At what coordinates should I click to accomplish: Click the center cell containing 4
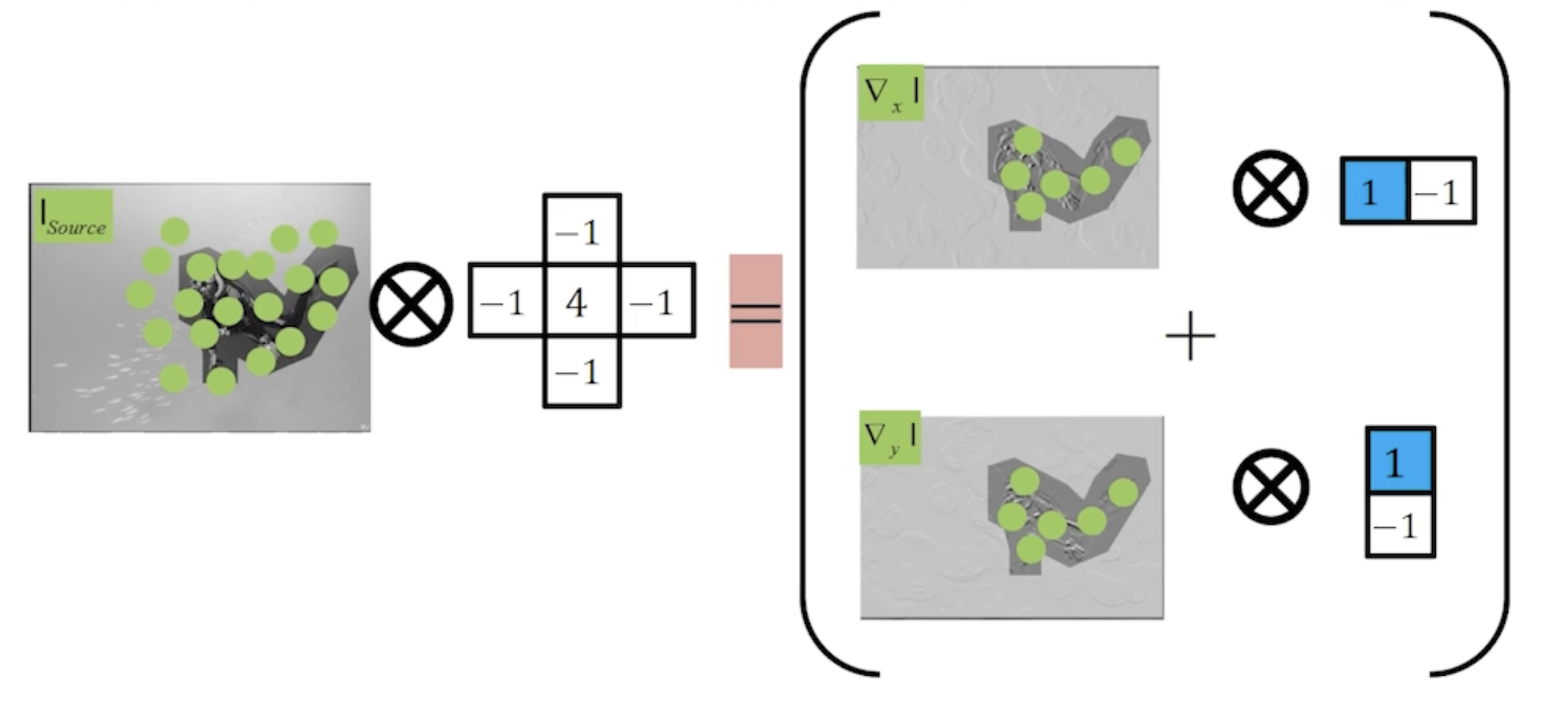(x=582, y=300)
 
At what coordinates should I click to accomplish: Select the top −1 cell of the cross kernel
(x=582, y=230)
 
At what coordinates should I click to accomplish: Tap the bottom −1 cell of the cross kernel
(x=582, y=371)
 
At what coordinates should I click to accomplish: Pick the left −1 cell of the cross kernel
(x=507, y=300)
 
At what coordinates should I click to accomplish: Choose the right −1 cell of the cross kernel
(x=657, y=300)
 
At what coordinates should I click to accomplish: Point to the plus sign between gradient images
(x=1191, y=336)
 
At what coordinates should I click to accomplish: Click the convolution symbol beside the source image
(x=411, y=303)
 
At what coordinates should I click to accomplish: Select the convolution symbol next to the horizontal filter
(x=1270, y=188)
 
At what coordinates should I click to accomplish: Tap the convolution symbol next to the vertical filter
(x=1271, y=486)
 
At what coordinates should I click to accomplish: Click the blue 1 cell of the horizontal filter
(x=1374, y=190)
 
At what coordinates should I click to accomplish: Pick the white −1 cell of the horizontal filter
(x=1442, y=190)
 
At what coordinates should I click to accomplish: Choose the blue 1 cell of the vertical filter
(x=1400, y=460)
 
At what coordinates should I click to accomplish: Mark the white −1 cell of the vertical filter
(x=1400, y=525)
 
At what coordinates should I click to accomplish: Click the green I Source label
(x=73, y=217)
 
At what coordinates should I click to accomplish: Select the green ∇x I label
(x=891, y=93)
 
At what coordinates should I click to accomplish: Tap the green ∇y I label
(x=890, y=438)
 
